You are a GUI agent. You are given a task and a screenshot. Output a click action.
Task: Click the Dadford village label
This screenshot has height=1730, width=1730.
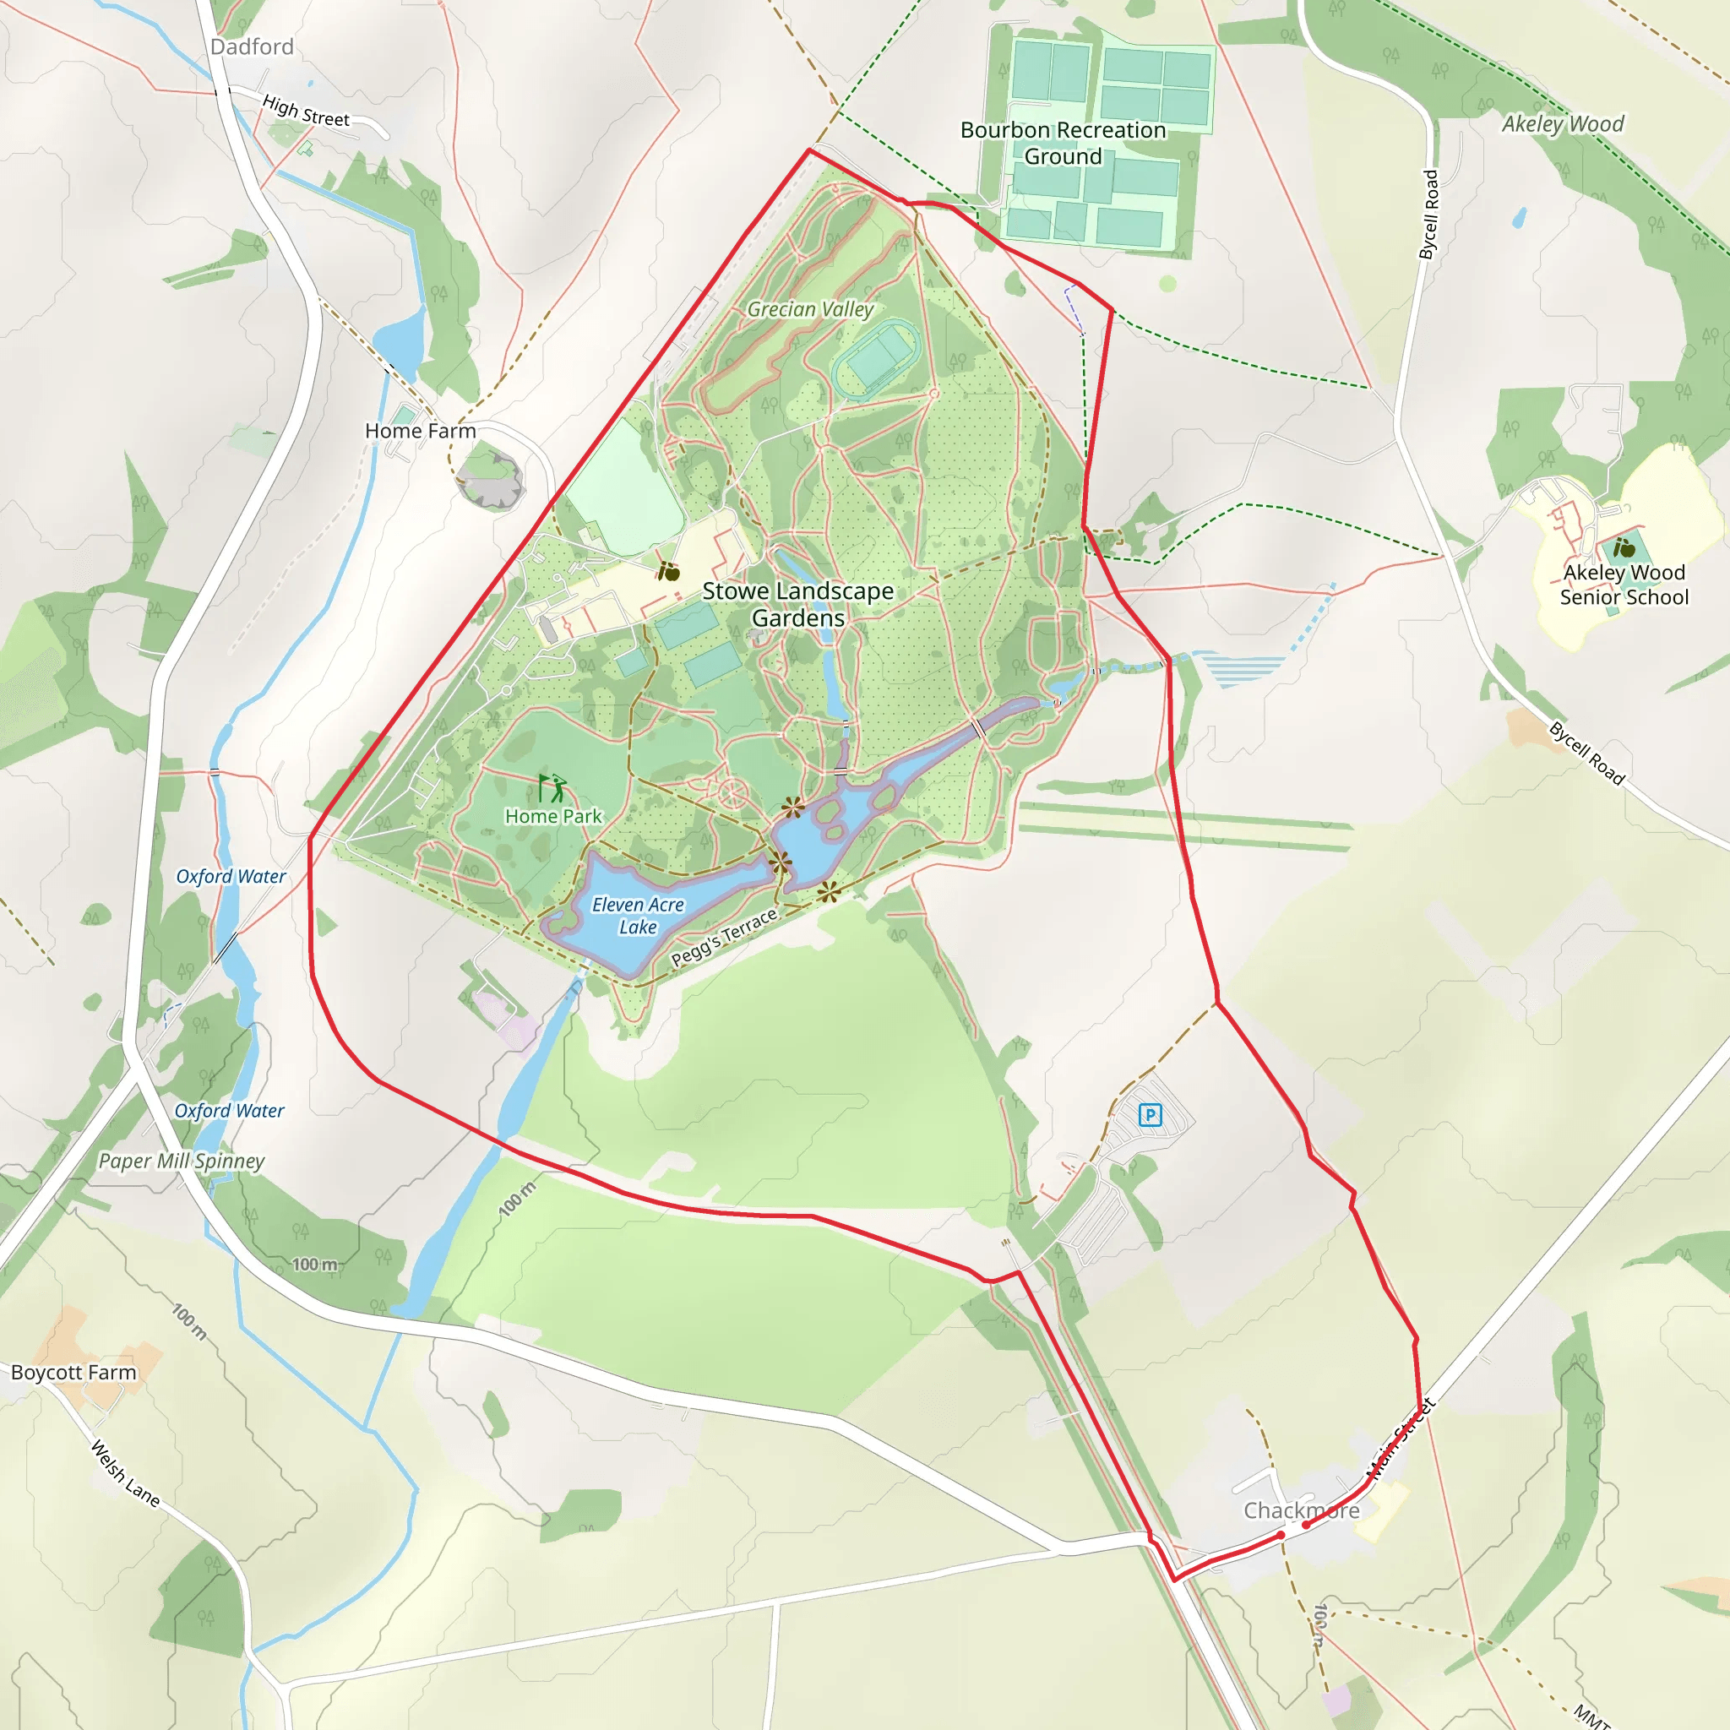[x=252, y=46]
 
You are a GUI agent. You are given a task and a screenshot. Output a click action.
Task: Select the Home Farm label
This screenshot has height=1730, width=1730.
[x=420, y=431]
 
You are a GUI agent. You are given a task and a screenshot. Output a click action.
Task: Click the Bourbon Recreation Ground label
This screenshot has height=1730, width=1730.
[x=1063, y=144]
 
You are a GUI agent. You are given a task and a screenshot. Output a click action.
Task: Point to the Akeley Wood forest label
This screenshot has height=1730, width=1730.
[x=1563, y=123]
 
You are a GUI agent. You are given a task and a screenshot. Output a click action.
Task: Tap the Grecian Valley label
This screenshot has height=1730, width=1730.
[x=810, y=309]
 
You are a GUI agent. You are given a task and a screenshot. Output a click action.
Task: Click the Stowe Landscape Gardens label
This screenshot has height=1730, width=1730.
[x=797, y=605]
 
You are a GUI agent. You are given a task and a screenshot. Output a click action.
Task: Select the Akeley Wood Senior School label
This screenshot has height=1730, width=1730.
[x=1624, y=585]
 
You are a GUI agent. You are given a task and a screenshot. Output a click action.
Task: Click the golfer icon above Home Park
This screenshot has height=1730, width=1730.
[x=552, y=788]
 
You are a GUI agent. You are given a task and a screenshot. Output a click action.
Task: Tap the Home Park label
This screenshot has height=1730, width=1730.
[x=553, y=816]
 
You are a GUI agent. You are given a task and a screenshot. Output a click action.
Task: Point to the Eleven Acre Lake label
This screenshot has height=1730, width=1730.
[x=638, y=916]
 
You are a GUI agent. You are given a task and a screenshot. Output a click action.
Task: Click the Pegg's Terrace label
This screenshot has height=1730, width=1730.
[x=725, y=938]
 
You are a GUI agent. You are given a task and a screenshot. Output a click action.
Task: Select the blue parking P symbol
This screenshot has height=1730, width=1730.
[x=1150, y=1115]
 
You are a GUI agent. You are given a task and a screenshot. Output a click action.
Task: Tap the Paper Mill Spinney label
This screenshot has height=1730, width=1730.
[x=181, y=1161]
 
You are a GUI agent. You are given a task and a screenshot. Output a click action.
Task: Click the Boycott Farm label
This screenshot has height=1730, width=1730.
[x=73, y=1372]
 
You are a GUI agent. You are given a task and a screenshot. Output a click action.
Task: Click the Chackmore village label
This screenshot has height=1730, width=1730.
[x=1301, y=1510]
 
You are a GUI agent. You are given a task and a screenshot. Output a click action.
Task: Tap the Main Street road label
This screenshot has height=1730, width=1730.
[x=1401, y=1438]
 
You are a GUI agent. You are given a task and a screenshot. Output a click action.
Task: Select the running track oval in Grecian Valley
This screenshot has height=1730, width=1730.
[x=876, y=358]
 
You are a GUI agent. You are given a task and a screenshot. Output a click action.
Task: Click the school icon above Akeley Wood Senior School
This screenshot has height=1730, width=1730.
[x=1624, y=547]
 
